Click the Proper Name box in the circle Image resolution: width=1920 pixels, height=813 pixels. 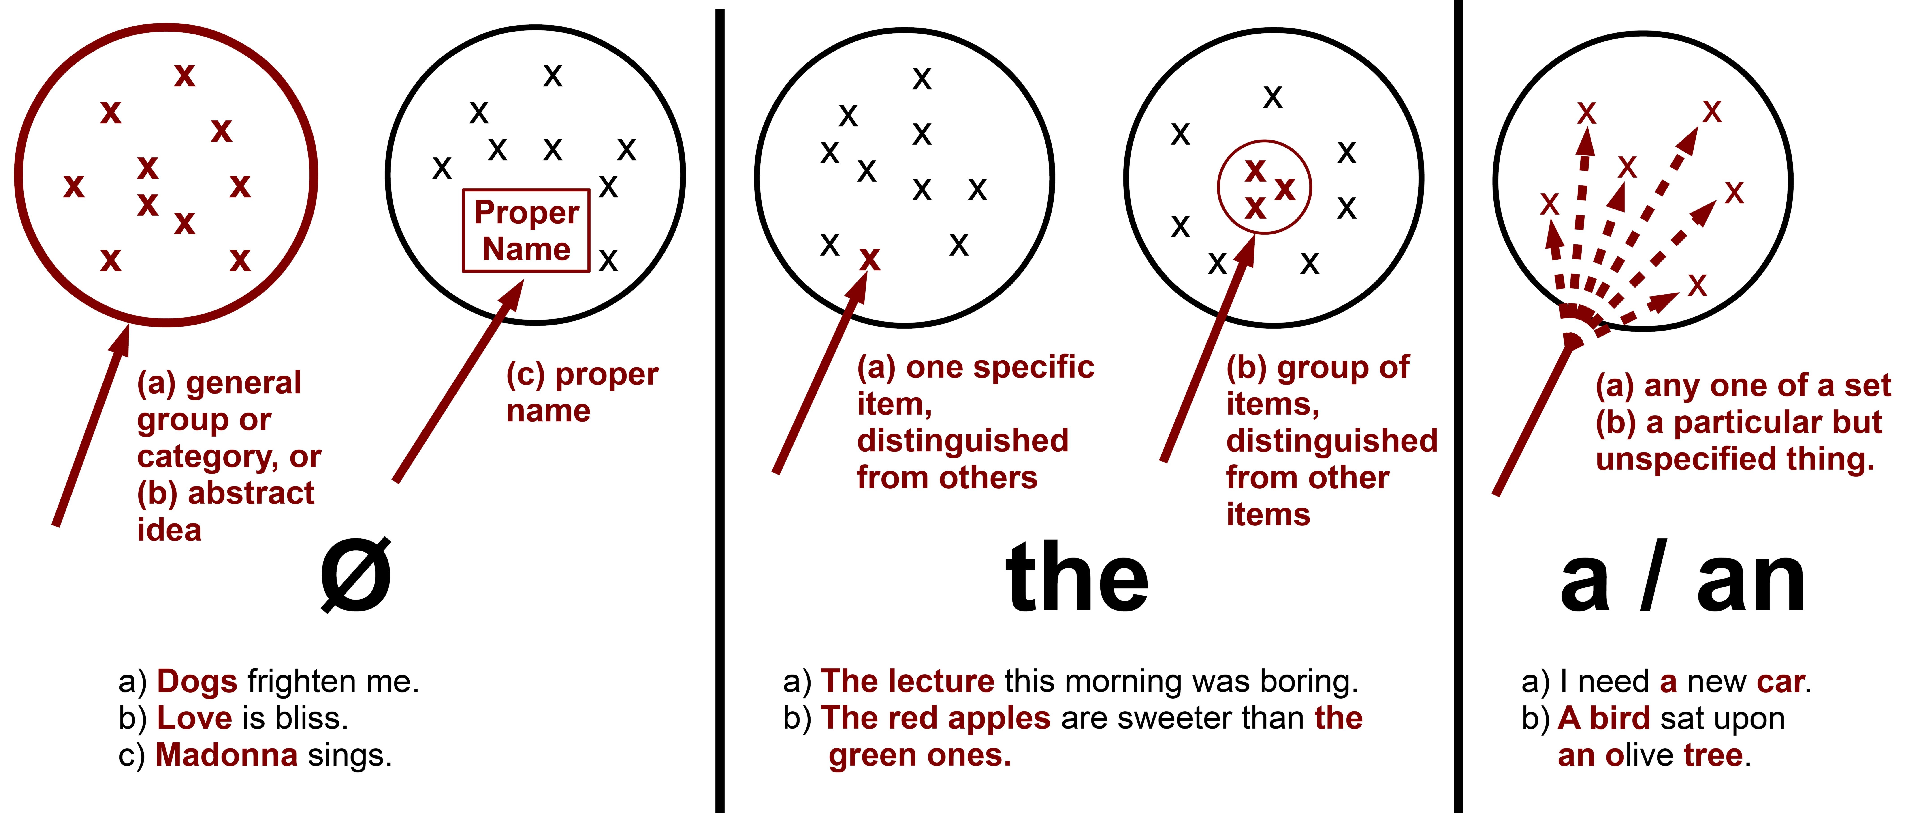coord(526,230)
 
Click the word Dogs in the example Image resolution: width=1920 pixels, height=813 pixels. coord(197,682)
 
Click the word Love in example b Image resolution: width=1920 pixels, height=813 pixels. coord(194,718)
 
